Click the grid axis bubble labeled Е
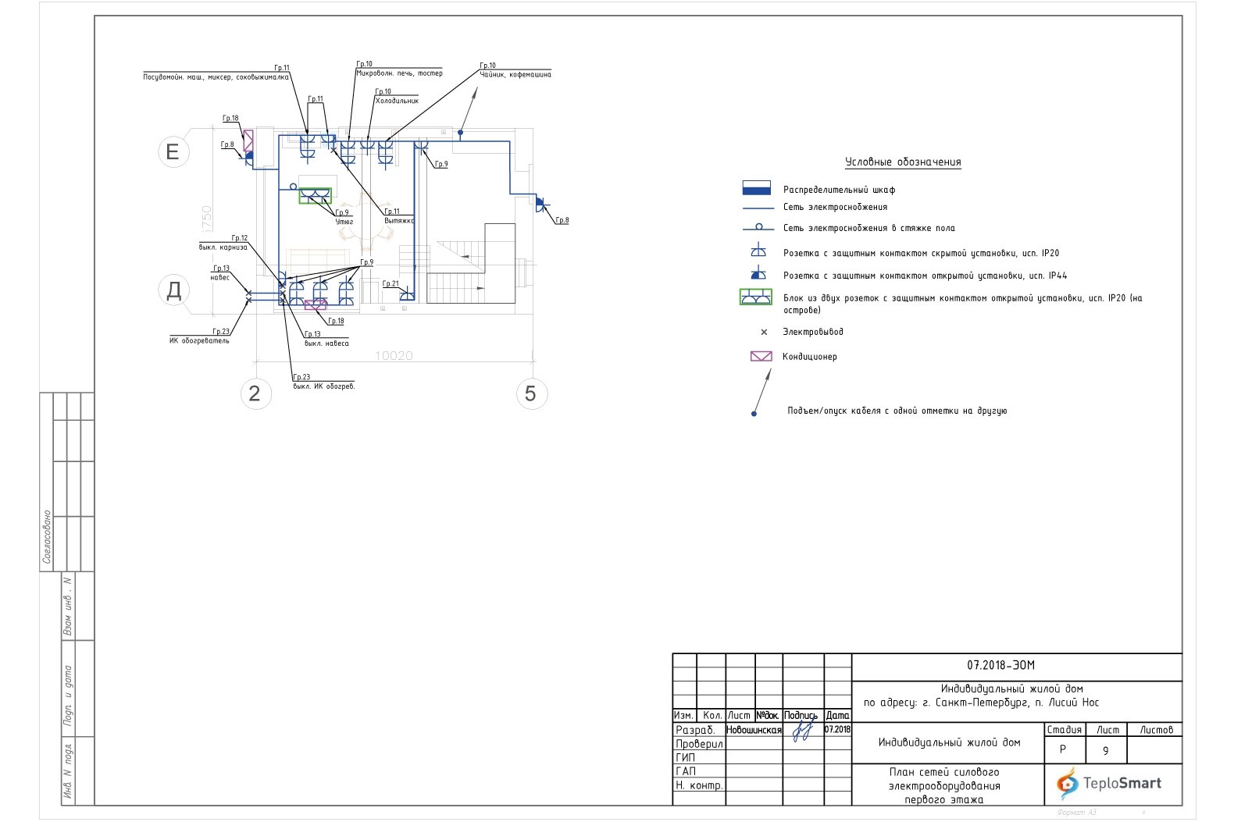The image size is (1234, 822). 173,151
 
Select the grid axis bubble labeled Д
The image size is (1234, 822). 173,290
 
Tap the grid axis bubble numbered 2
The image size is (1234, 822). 255,393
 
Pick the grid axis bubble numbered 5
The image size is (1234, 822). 531,393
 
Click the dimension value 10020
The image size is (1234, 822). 394,355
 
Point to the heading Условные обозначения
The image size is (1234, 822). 903,162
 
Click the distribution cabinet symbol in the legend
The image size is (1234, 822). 756,189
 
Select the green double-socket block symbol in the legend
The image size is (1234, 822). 756,297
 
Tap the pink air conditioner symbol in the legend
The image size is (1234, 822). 761,356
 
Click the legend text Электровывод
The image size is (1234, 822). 813,332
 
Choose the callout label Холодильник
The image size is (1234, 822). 397,101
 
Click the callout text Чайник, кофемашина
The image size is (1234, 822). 515,75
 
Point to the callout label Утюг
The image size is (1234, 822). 344,222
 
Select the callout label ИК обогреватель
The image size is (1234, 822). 199,340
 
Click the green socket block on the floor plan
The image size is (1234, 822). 316,195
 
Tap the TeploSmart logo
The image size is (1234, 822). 1109,783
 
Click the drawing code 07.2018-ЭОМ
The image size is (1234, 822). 1000,665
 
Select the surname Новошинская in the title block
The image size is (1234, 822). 754,730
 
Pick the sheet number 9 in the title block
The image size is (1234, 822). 1105,751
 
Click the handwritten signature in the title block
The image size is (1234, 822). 802,731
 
